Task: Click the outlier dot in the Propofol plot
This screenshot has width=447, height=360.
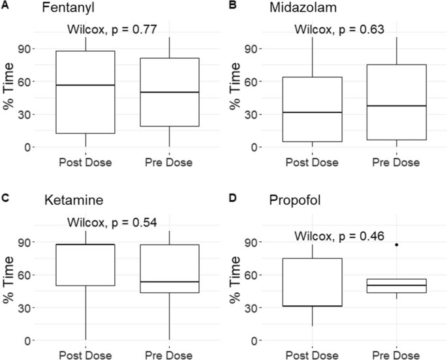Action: (396, 245)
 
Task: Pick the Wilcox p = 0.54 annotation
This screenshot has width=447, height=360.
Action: (112, 222)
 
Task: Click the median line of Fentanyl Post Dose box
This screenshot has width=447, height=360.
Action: (85, 85)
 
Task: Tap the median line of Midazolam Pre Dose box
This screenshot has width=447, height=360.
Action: (396, 106)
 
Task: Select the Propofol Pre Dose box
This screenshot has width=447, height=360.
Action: (396, 286)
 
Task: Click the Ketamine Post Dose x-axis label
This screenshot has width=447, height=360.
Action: (85, 355)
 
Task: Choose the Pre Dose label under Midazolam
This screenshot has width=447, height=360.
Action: (396, 162)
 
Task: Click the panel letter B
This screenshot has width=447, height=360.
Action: (232, 5)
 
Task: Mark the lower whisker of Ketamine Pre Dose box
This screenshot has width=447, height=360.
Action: (170, 316)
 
